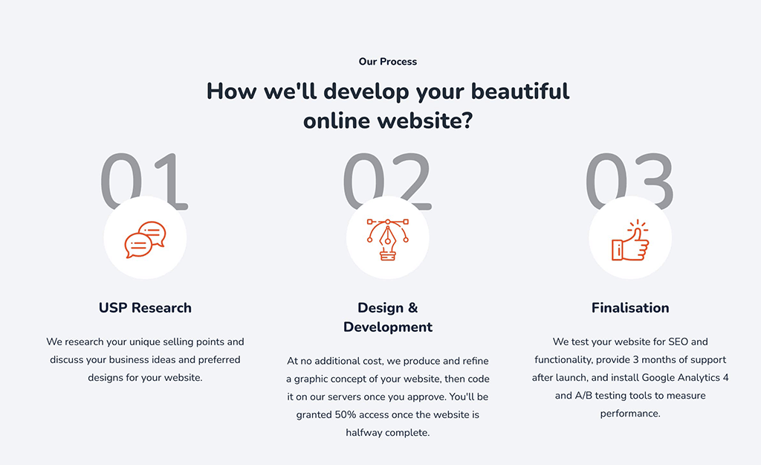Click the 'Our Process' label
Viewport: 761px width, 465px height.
click(387, 62)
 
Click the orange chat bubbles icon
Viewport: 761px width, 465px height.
click(145, 239)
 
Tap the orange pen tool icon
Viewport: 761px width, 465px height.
click(387, 239)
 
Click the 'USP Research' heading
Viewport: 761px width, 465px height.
click(145, 308)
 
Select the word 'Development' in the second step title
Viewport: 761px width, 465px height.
click(388, 327)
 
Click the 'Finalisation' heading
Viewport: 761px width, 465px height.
click(630, 308)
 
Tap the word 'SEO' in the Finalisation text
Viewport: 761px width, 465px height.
click(678, 342)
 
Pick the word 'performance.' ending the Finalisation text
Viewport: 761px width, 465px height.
click(630, 414)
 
